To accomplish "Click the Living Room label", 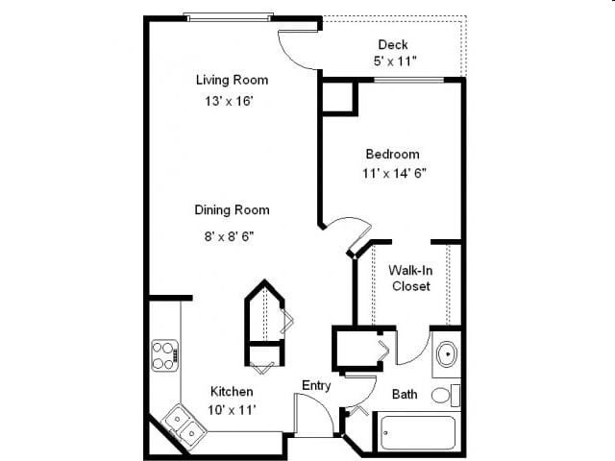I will click(x=232, y=80).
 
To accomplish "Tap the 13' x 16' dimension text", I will click(x=232, y=99).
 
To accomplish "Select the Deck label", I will click(x=393, y=44).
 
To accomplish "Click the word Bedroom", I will click(x=392, y=154).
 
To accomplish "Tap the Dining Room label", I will click(x=232, y=209).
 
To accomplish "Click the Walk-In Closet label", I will click(x=409, y=279).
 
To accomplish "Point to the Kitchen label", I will click(x=232, y=391).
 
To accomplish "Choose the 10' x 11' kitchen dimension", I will click(x=232, y=410).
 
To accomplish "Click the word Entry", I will click(x=316, y=385).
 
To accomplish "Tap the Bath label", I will click(x=405, y=394).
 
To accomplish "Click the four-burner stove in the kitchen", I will click(x=164, y=354).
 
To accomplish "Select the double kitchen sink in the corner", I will click(x=182, y=425).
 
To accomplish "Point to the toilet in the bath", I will click(x=444, y=395).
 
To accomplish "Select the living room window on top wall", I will click(x=229, y=16).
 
